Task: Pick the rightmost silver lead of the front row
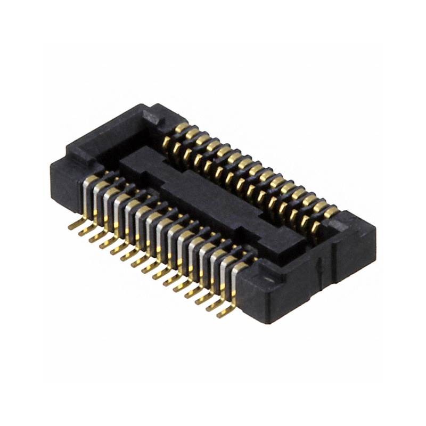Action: [x=235, y=282]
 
